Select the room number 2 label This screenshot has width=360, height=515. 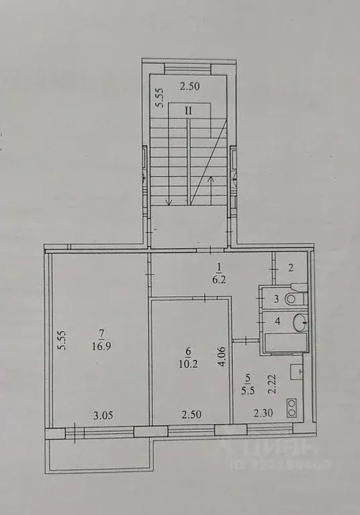(290, 268)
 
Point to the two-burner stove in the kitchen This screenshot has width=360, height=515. (294, 406)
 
